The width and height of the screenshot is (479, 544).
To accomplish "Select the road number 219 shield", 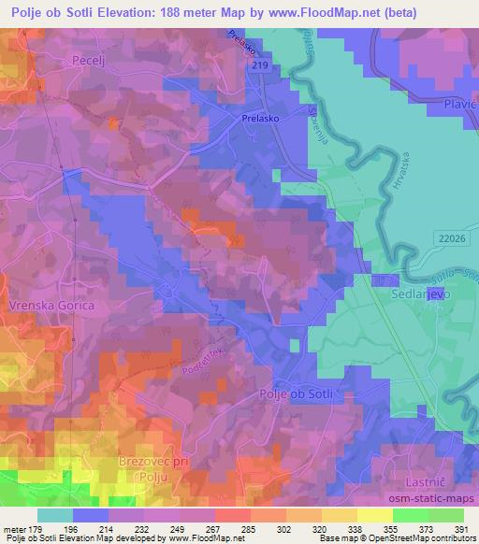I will (x=260, y=64).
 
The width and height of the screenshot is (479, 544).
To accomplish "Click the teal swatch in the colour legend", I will (x=56, y=515).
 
